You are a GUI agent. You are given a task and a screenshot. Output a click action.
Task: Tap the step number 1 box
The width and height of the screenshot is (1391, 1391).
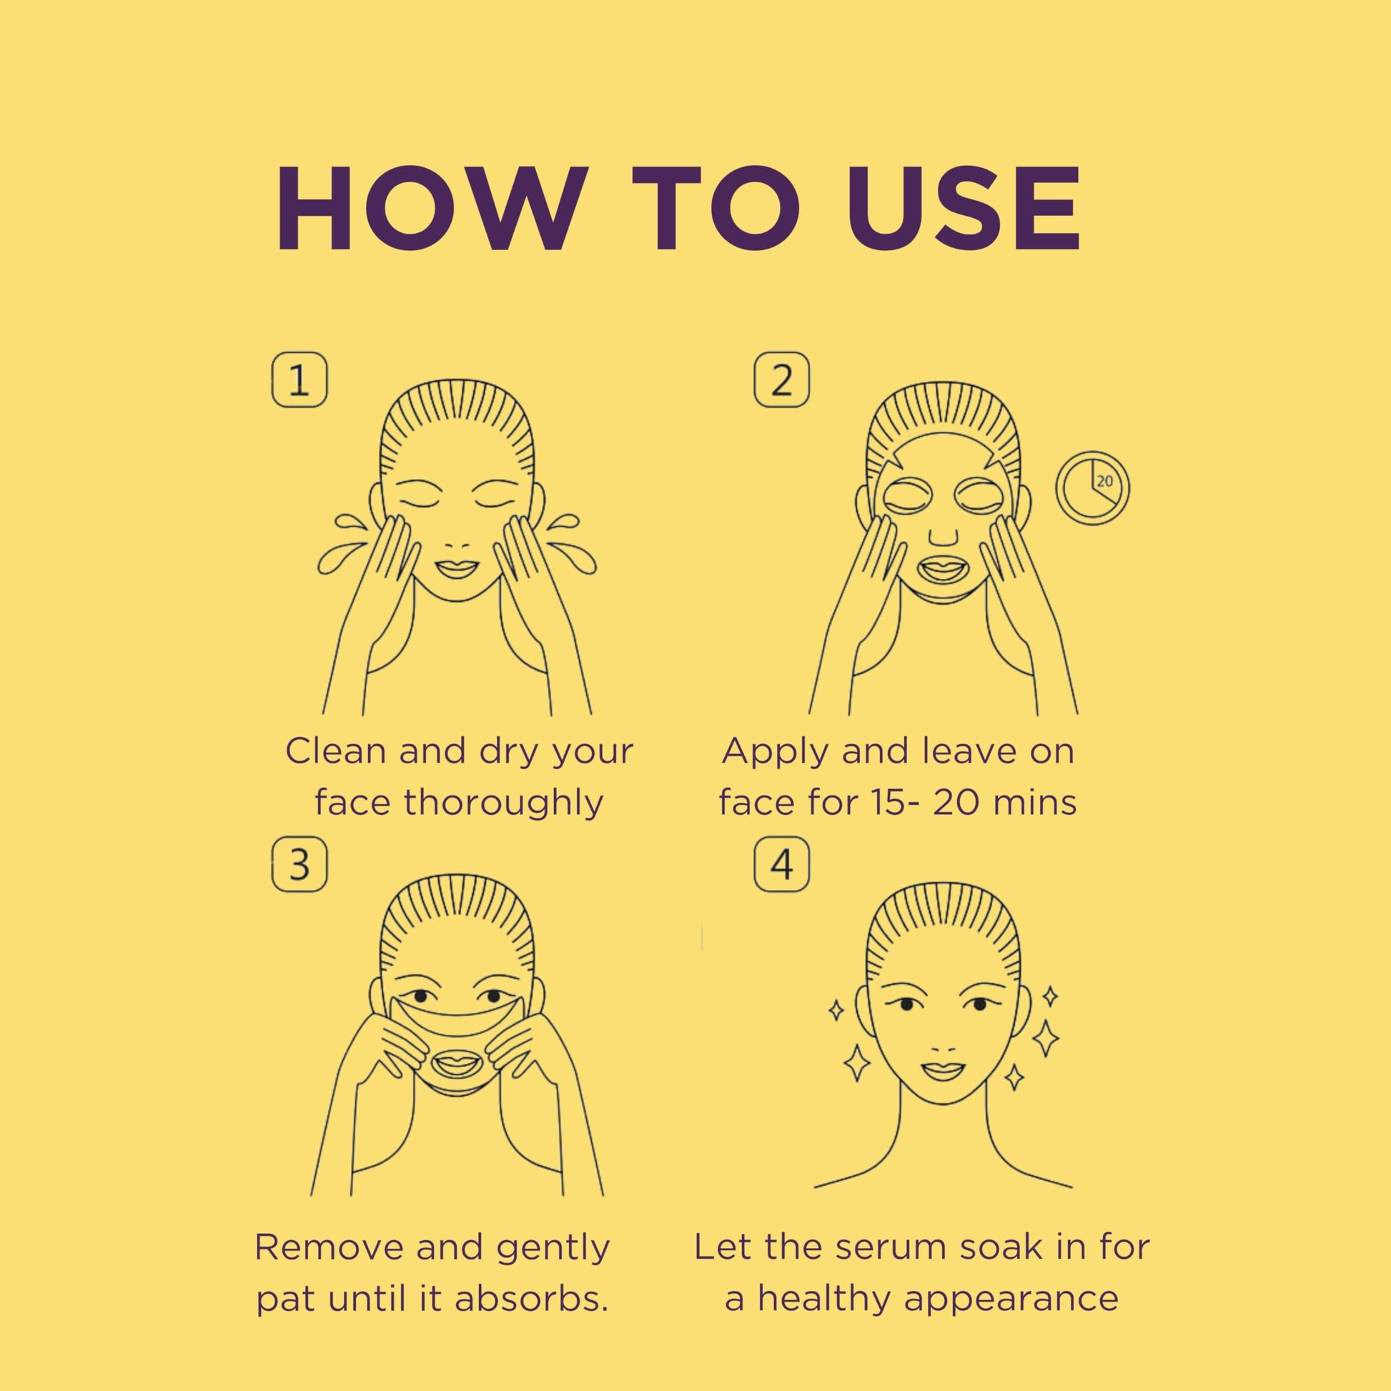(x=299, y=380)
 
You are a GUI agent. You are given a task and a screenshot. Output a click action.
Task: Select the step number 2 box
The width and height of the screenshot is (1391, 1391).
(x=781, y=380)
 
